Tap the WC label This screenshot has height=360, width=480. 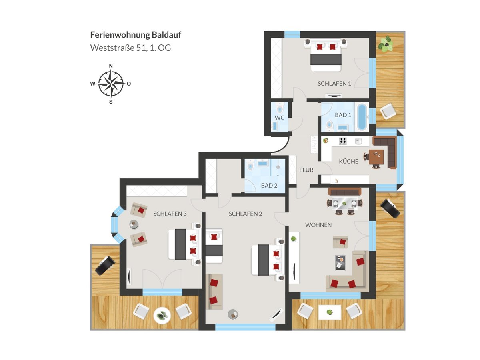(280, 118)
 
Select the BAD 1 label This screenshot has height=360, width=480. (343, 115)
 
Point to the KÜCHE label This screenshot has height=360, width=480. (348, 161)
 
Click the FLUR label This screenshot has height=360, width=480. (306, 170)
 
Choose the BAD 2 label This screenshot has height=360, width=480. (269, 186)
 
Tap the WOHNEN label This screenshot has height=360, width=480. (318, 225)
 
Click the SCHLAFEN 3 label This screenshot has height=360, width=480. (170, 214)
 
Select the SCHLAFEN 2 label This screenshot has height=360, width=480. (245, 214)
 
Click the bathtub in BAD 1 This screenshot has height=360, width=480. (362, 117)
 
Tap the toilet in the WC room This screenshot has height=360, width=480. (280, 108)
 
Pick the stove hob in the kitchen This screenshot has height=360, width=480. (343, 141)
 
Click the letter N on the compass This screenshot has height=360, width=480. (111, 66)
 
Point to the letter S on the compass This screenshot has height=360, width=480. (111, 102)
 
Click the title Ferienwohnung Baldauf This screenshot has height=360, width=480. (136, 35)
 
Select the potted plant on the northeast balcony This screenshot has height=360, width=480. (386, 44)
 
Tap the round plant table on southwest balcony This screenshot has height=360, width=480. (162, 316)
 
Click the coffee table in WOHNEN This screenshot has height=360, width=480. (340, 262)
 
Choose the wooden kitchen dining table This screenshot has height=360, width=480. (376, 157)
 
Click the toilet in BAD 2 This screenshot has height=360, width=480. (250, 165)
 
